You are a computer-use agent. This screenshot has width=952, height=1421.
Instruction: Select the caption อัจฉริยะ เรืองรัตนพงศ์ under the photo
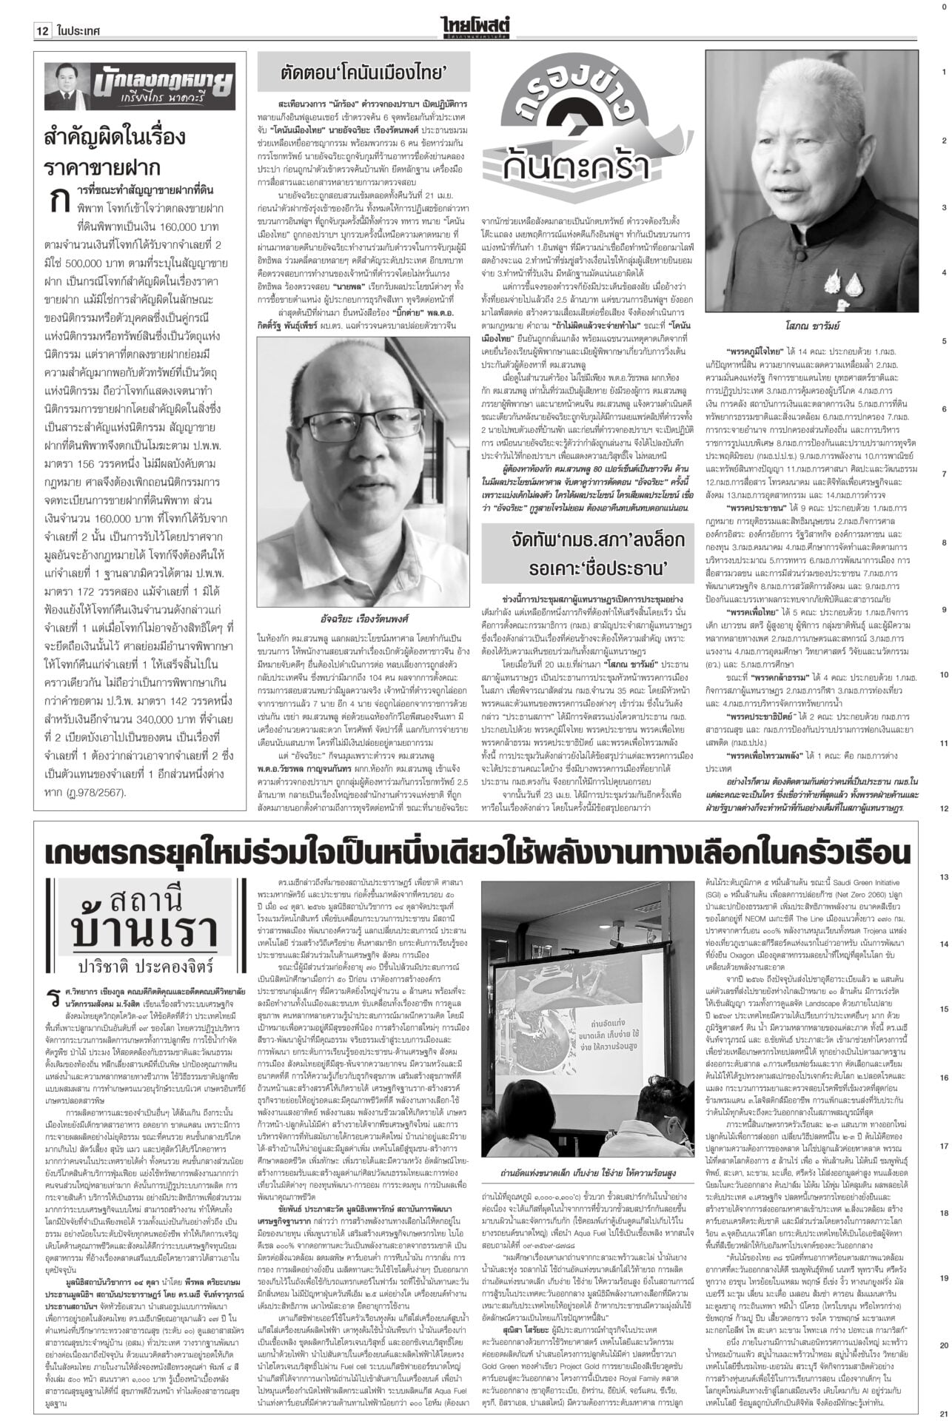click(366, 617)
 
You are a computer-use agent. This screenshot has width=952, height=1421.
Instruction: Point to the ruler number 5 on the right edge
click(943, 341)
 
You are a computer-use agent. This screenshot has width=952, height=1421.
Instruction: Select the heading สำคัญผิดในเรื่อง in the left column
click(115, 138)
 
